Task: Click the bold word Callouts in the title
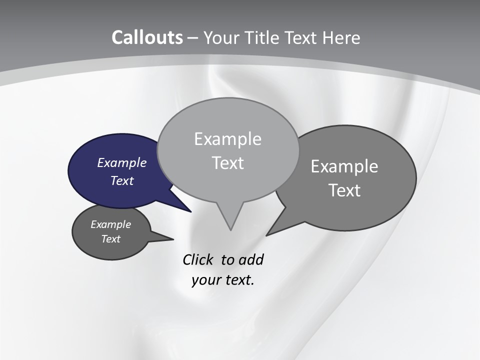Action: pyautogui.click(x=147, y=37)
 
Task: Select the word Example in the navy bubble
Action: pyautogui.click(x=121, y=162)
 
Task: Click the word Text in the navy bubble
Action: pyautogui.click(x=122, y=180)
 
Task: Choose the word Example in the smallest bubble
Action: pyautogui.click(x=110, y=224)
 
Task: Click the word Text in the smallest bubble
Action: pyautogui.click(x=110, y=239)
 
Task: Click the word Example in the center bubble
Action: pyautogui.click(x=227, y=139)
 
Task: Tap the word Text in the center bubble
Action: pyautogui.click(x=227, y=163)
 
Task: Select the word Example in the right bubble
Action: pyautogui.click(x=344, y=166)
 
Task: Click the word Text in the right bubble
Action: pyautogui.click(x=344, y=190)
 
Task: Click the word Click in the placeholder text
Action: pyautogui.click(x=198, y=259)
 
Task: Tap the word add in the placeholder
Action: pyautogui.click(x=251, y=259)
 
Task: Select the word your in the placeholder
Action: pyautogui.click(x=204, y=280)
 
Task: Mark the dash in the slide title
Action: pyautogui.click(x=192, y=38)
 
